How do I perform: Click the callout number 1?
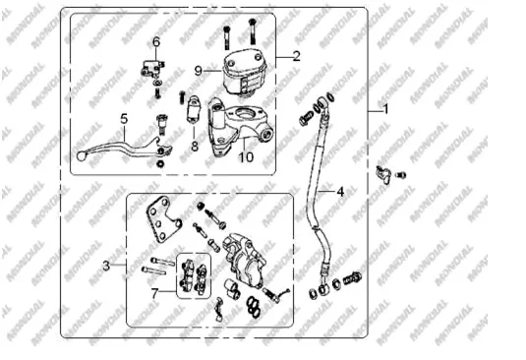[x=386, y=109]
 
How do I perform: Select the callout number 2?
[x=296, y=56]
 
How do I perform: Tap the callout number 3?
[x=106, y=266]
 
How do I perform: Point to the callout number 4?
[x=340, y=192]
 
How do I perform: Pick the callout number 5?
[x=124, y=119]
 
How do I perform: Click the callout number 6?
[x=156, y=42]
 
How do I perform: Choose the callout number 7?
[x=154, y=294]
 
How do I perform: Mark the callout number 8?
[x=195, y=147]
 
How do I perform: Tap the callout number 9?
[x=199, y=71]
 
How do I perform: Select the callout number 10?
[x=246, y=157]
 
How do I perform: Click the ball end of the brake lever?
[x=81, y=156]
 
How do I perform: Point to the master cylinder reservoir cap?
[x=245, y=60]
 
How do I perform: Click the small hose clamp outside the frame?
[x=383, y=174]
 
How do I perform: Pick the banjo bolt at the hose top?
[x=306, y=118]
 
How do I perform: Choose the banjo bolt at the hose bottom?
[x=351, y=277]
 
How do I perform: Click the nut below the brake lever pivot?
[x=160, y=163]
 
